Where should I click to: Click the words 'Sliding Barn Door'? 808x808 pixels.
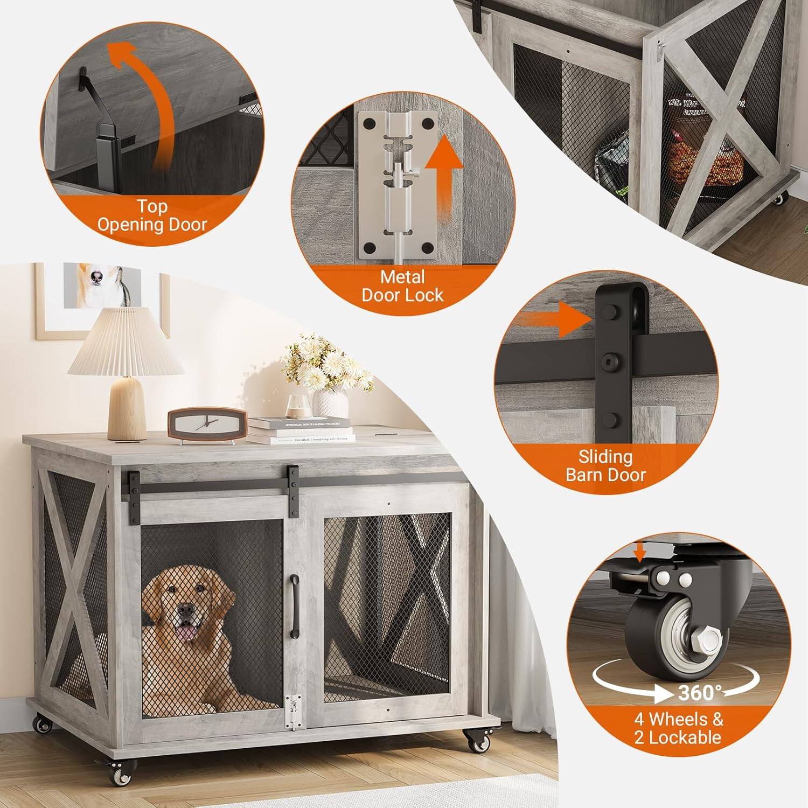[x=605, y=466]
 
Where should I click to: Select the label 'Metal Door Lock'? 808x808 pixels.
[x=402, y=286]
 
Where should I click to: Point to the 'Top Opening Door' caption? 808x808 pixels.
[x=152, y=215]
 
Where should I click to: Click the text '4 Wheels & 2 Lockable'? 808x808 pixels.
[x=678, y=728]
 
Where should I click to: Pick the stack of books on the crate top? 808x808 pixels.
[x=300, y=430]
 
